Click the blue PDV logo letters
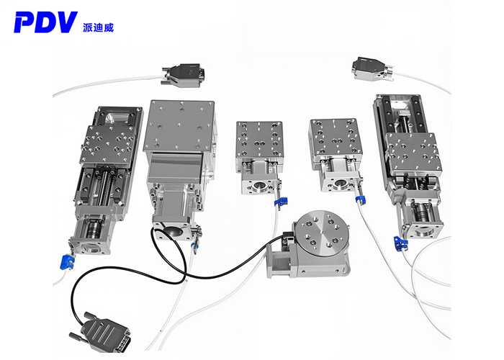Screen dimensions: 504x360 pos(45,22)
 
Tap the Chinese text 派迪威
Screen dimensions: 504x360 pos(98,27)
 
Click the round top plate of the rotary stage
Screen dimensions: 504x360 pos(322,232)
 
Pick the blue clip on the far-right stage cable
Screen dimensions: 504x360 pos(400,243)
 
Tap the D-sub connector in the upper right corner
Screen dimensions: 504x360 pos(373,68)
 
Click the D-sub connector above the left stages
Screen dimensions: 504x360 pos(183,75)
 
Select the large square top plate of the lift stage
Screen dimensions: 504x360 pos(179,125)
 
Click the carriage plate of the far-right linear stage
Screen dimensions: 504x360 pos(413,152)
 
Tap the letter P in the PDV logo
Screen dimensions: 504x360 pos(22,22)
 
